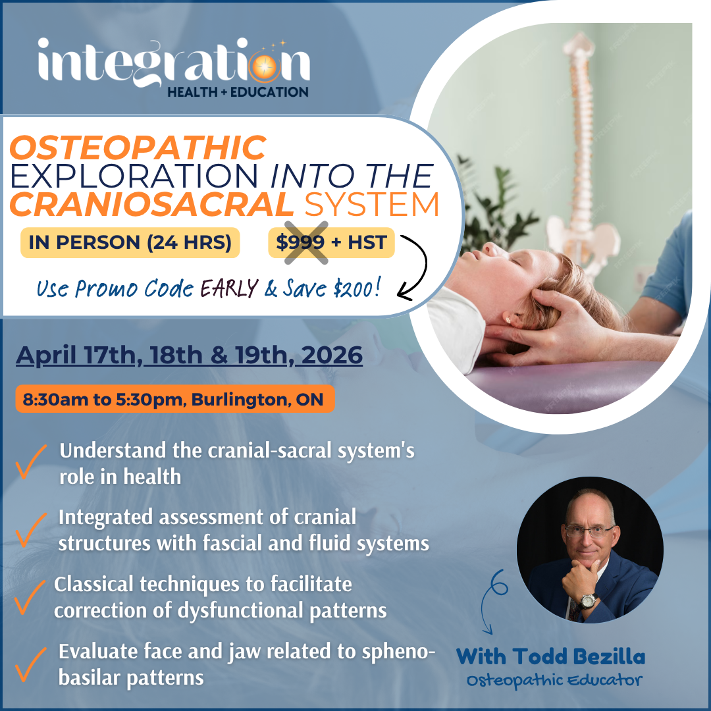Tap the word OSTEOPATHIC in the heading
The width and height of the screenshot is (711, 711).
pyautogui.click(x=138, y=147)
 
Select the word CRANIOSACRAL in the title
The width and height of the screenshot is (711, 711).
pyautogui.click(x=151, y=204)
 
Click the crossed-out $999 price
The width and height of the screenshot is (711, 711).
pyautogui.click(x=301, y=242)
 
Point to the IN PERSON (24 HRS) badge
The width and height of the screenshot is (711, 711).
pyautogui.click(x=130, y=242)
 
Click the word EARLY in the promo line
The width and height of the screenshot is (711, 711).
pyautogui.click(x=229, y=288)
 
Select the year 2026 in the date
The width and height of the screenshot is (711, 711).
pyautogui.click(x=332, y=355)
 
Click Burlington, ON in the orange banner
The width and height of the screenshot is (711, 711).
pyautogui.click(x=257, y=400)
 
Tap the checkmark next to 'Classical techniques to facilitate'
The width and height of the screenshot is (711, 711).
pyautogui.click(x=29, y=596)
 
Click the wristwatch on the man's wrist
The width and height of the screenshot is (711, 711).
pyautogui.click(x=588, y=601)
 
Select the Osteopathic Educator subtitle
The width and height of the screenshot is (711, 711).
pyautogui.click(x=554, y=680)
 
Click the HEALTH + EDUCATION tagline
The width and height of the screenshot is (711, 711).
pyautogui.click(x=238, y=92)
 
